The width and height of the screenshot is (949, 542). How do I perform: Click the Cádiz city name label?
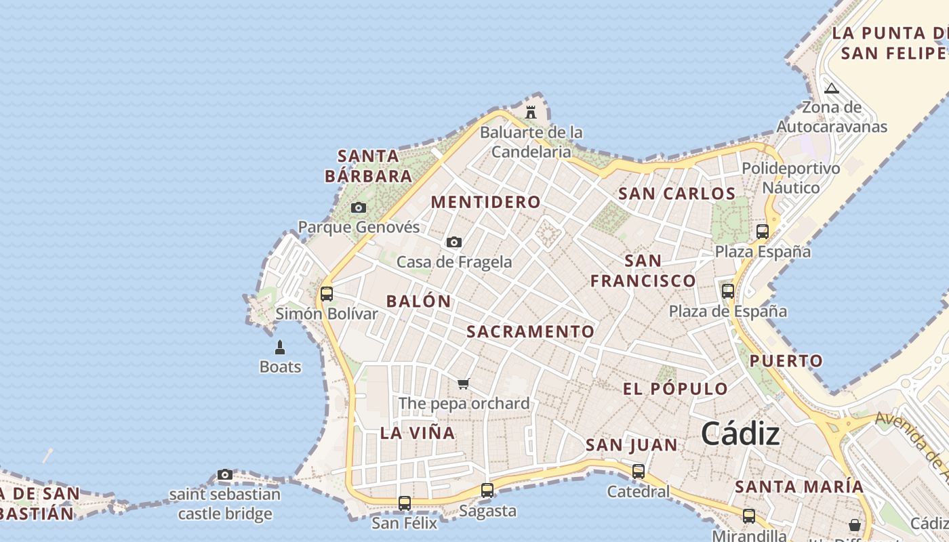coord(740,434)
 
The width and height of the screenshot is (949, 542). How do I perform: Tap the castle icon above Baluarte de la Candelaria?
coord(531,112)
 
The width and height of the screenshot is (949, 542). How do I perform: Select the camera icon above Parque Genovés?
coord(359,207)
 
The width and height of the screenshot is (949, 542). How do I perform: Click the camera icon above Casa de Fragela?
coord(454,242)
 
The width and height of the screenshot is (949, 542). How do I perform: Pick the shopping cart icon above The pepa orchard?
coord(464,384)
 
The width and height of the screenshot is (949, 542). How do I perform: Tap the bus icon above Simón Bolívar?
coord(326,294)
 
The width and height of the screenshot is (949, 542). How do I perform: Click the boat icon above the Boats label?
coord(280,348)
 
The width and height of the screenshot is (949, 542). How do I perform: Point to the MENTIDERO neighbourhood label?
coord(486,202)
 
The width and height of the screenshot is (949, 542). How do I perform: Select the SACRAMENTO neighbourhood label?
coord(531,331)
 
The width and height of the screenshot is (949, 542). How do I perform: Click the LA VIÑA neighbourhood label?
coord(418,433)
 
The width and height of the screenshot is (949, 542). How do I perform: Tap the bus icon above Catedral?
coord(638,472)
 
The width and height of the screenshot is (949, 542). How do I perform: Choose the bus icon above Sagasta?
coord(487,491)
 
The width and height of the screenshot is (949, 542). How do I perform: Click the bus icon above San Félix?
coord(405,503)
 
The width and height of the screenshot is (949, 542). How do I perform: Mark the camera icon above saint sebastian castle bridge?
coord(225,474)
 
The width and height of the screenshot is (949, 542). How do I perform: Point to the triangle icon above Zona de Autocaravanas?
coord(832,88)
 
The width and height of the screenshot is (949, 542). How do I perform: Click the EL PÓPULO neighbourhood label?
coord(676,389)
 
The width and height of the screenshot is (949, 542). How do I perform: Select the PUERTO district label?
coord(786,361)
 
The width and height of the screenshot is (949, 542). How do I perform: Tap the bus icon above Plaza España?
coord(763,232)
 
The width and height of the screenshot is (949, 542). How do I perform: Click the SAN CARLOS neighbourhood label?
coord(677,194)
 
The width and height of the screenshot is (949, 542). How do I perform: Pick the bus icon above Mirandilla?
coord(749,516)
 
